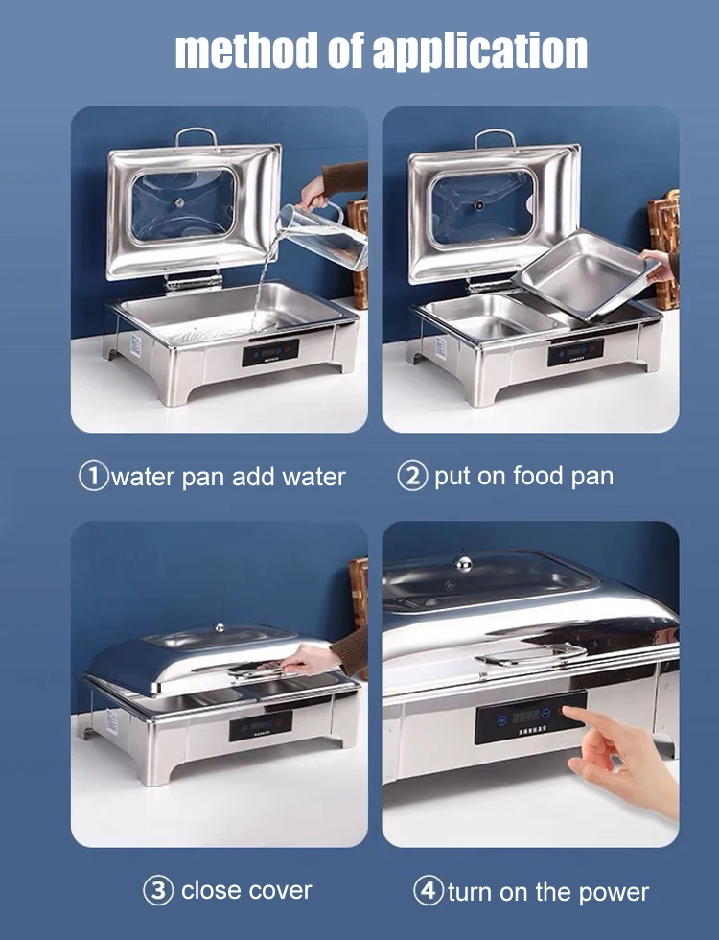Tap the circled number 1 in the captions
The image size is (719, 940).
(x=93, y=477)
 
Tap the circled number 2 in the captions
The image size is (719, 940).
(x=412, y=477)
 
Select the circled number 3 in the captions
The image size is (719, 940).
(x=158, y=890)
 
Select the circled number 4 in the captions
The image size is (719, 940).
(x=429, y=890)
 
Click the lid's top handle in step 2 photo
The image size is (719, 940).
(x=496, y=136)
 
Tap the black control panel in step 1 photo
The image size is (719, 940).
(x=270, y=352)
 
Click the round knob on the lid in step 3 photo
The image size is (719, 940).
(x=220, y=627)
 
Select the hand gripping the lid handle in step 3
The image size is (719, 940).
(x=305, y=660)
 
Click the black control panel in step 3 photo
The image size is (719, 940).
(x=260, y=725)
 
